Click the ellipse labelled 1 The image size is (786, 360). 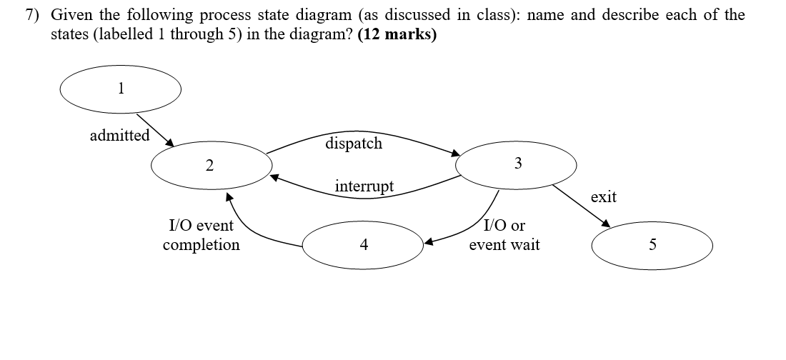120,89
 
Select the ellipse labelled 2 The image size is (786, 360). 212,166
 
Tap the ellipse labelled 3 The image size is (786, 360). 517,164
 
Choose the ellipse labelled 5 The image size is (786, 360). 652,245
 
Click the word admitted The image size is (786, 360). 119,135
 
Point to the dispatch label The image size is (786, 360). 354,143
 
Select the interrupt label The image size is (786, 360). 364,186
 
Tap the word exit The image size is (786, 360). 603,196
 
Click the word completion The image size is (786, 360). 201,245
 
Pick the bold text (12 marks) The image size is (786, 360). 398,34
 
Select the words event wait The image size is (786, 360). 504,245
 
